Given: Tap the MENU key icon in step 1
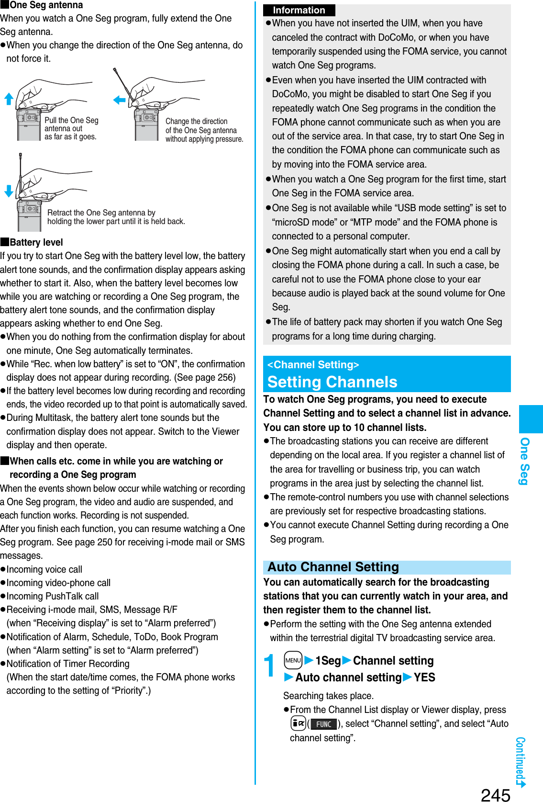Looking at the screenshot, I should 293,660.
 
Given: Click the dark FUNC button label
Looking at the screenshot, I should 323,724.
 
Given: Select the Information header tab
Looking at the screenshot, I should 299,10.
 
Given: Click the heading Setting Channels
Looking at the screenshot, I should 332,382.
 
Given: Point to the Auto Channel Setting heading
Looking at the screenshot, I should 333,567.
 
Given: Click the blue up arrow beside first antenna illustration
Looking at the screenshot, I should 9,99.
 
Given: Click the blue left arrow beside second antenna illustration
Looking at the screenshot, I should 119,100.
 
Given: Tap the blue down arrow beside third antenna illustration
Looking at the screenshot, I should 9,191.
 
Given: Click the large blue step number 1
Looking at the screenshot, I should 270,666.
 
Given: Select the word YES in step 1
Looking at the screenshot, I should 424,678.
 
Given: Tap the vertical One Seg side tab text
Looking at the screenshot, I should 525,461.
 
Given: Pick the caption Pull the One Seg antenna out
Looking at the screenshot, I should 71,128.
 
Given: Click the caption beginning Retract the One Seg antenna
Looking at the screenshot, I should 116,217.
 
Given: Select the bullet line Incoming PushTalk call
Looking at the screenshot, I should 53,596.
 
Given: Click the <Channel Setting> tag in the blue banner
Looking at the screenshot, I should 313,365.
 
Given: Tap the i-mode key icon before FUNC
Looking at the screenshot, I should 298,723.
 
